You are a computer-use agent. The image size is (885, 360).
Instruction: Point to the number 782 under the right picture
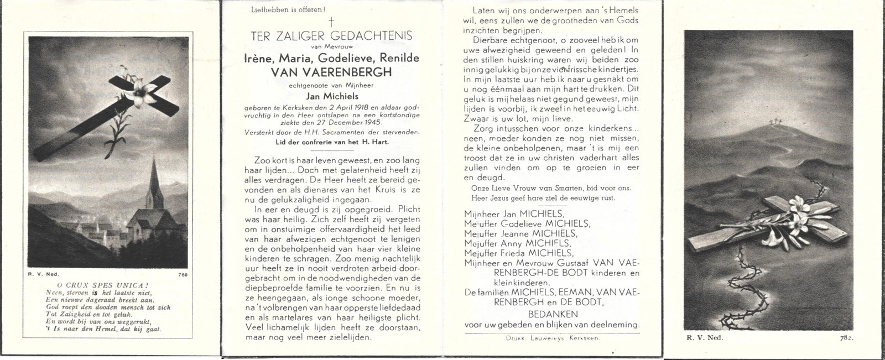847,337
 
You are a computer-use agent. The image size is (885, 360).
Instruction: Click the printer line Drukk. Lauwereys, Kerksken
551,337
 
